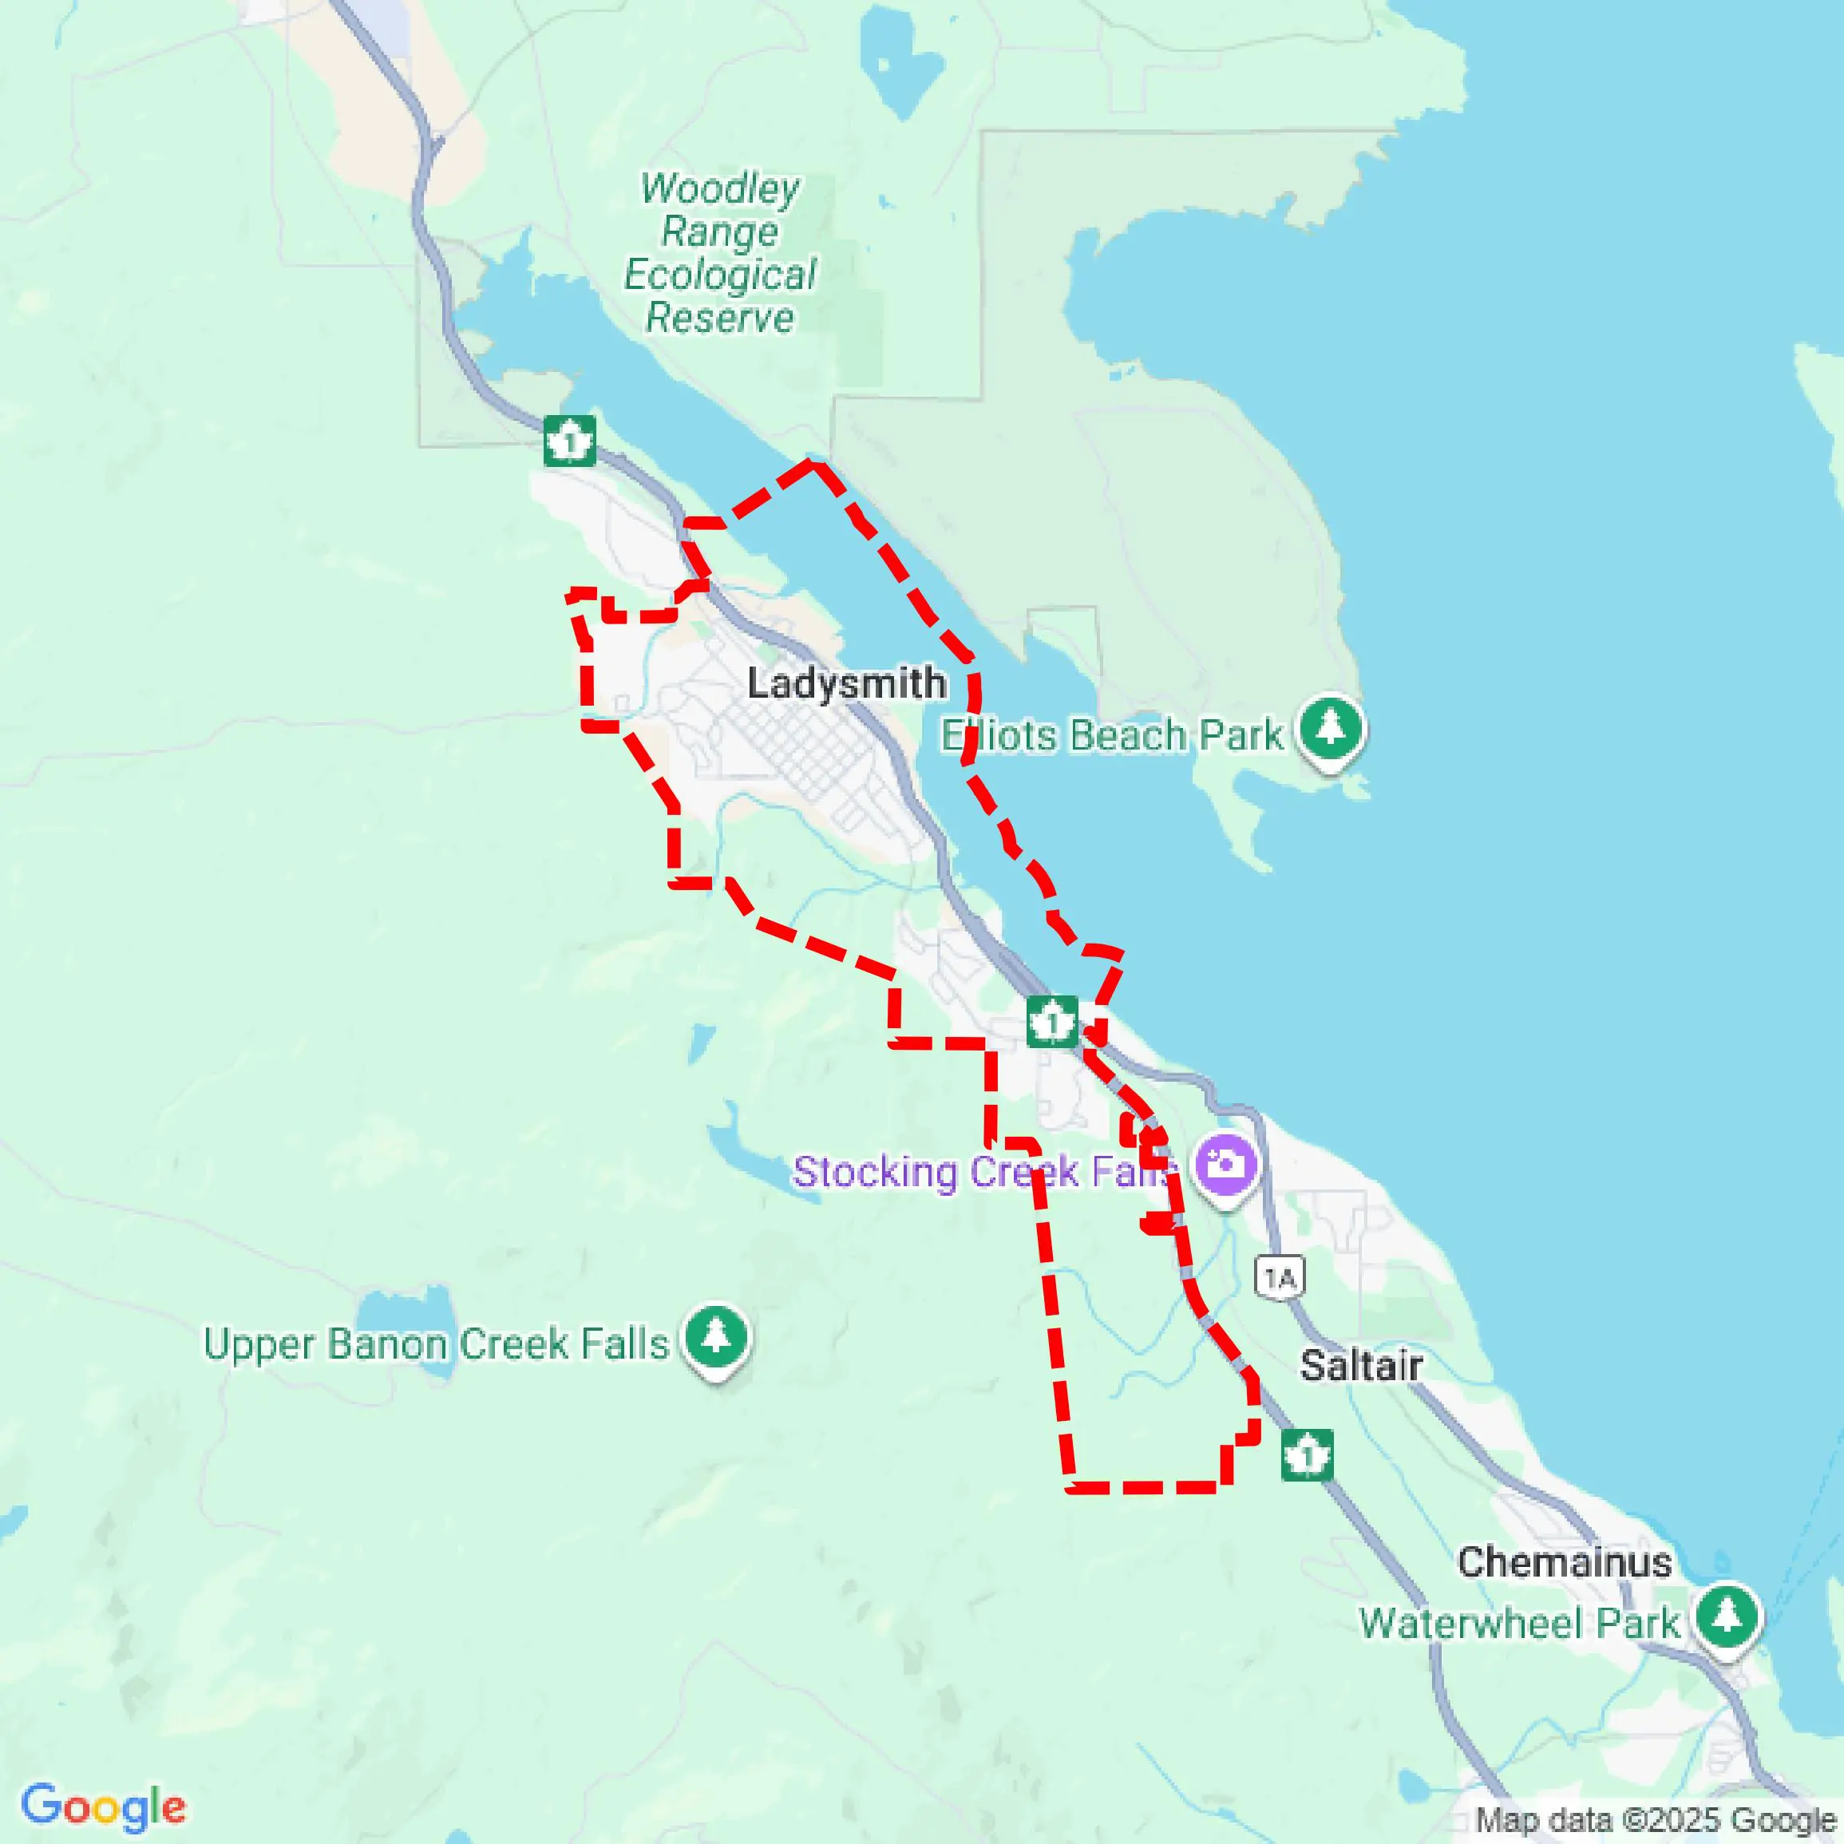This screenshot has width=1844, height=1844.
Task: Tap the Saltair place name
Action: [x=1360, y=1365]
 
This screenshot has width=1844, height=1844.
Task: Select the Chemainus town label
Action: [x=1563, y=1562]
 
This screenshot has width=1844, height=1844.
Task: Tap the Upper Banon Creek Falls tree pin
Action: [x=716, y=1337]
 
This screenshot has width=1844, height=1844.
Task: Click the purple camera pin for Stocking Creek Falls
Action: [x=1226, y=1165]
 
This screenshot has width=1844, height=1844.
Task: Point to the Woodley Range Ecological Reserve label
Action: [x=721, y=253]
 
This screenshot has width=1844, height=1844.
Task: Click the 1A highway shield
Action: [x=1279, y=1277]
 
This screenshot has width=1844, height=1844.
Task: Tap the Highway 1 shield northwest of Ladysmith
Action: [x=570, y=441]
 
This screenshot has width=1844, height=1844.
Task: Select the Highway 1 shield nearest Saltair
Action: [x=1306, y=1455]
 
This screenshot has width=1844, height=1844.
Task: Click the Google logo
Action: [x=103, y=1806]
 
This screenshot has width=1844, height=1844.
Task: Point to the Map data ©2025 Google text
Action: [x=1657, y=1820]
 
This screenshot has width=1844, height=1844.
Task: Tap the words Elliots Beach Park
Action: [x=1112, y=735]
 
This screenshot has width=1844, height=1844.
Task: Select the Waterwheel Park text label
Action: [x=1518, y=1623]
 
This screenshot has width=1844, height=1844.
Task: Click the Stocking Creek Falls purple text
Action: [x=983, y=1172]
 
